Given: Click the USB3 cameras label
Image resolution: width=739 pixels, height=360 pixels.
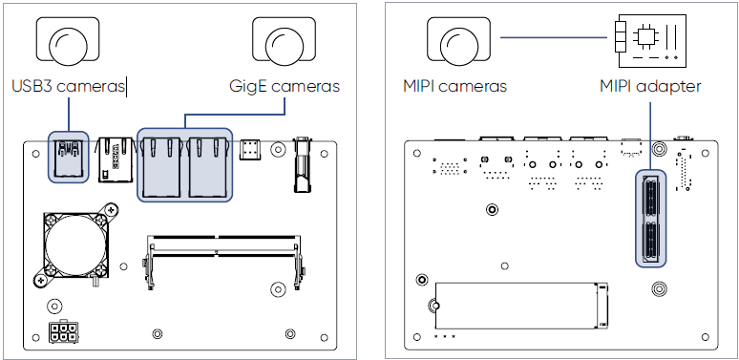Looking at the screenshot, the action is [69, 86].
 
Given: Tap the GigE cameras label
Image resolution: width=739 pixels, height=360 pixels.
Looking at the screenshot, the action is [285, 86].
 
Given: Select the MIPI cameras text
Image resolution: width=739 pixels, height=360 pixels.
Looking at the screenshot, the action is [454, 86].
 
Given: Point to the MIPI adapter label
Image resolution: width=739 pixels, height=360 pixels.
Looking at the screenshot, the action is [650, 86].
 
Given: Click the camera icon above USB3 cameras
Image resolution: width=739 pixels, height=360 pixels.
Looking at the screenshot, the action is [68, 40].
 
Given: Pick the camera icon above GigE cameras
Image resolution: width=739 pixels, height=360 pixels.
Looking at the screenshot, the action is [284, 40].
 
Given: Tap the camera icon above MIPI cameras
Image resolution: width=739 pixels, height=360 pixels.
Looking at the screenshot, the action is [458, 40].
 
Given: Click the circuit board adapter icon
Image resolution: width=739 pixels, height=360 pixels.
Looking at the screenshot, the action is [650, 38].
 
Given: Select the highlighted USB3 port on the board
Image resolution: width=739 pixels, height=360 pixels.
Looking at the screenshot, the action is [69, 158].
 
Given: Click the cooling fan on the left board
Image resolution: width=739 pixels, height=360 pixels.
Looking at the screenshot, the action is [75, 245].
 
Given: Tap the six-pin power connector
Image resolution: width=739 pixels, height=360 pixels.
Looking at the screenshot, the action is [64, 332].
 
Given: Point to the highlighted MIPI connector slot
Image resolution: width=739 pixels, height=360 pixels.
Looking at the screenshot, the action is [651, 218].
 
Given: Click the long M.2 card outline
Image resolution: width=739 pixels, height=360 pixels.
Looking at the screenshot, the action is [521, 306].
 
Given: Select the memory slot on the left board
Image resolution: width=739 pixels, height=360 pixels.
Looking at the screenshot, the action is [223, 260].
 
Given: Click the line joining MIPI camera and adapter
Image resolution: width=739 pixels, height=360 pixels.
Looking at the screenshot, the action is [554, 37].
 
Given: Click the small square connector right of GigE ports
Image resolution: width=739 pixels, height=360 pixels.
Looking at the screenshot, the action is [250, 149].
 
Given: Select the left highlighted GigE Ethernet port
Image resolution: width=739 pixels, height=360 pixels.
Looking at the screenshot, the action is [161, 167].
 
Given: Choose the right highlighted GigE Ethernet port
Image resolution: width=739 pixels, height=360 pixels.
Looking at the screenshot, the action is [208, 167].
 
